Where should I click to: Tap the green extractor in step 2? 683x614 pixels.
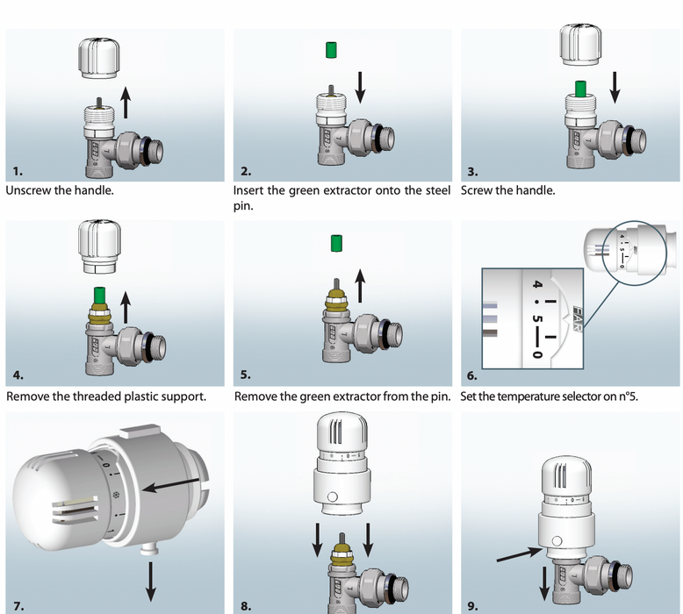point(331,49)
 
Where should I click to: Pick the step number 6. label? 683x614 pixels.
point(471,375)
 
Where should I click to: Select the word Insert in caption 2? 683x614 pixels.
point(251,190)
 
